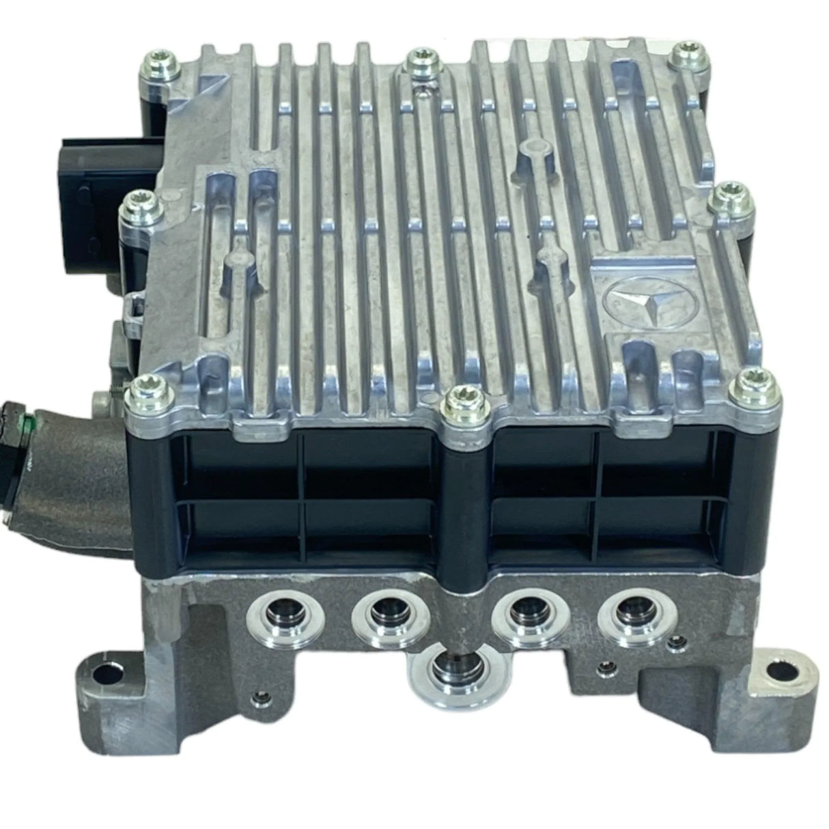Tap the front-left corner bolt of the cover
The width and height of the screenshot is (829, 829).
145,389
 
